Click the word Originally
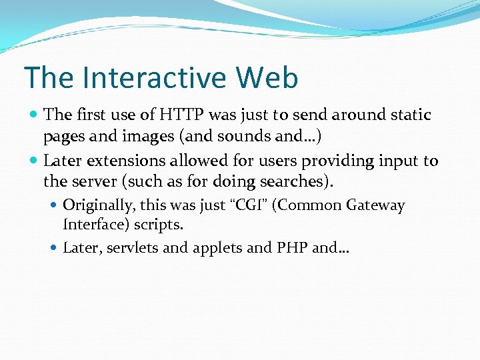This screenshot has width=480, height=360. (x=97, y=205)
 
